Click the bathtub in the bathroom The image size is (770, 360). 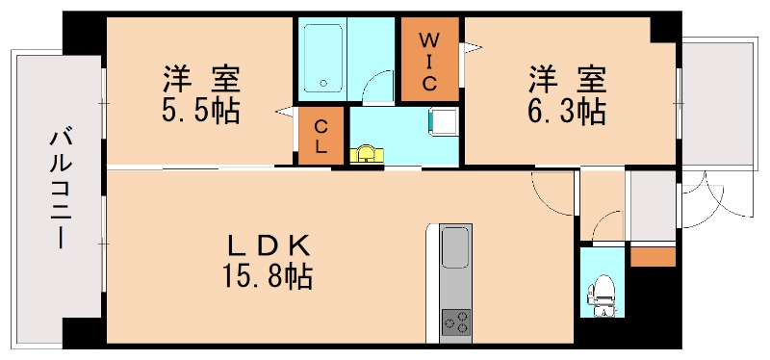[321, 58]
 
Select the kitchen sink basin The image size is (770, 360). [455, 250]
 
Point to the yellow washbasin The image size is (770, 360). [365, 154]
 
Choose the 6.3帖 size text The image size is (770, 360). [565, 110]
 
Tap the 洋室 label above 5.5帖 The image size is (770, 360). [200, 73]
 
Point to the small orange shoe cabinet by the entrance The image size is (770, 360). [653, 256]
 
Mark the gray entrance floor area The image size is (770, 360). [652, 207]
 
